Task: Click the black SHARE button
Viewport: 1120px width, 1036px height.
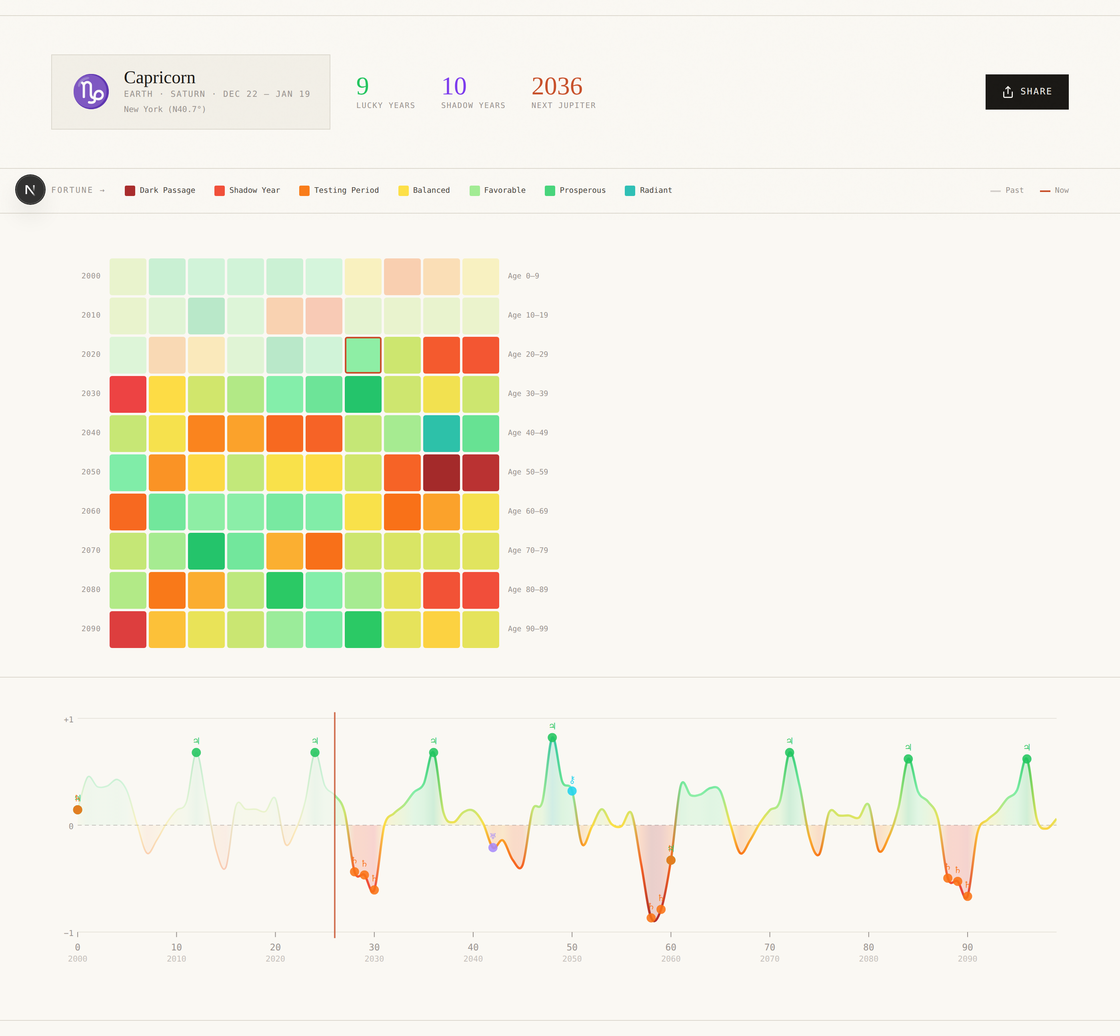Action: pos(1026,92)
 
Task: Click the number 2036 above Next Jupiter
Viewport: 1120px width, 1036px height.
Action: pos(557,86)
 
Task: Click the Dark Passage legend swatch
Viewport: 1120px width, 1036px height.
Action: pos(130,191)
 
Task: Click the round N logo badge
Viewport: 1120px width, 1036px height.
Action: pos(30,190)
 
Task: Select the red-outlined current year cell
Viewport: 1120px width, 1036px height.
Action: pos(363,355)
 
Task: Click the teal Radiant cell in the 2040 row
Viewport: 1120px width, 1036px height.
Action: pos(441,433)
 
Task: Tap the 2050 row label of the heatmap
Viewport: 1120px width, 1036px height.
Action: pos(91,472)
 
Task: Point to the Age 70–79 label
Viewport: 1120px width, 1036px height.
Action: pos(528,550)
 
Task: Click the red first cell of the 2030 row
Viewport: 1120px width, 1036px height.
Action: pos(128,394)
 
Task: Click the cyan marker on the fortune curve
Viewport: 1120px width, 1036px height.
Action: pos(572,791)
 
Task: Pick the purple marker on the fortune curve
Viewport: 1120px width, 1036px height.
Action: pos(493,848)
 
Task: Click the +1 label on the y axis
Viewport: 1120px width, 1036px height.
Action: pos(68,719)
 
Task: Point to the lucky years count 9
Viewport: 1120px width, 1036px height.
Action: pos(363,86)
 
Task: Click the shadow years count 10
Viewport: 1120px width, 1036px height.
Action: pos(454,86)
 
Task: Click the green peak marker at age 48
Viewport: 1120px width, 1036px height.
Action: pos(552,738)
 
